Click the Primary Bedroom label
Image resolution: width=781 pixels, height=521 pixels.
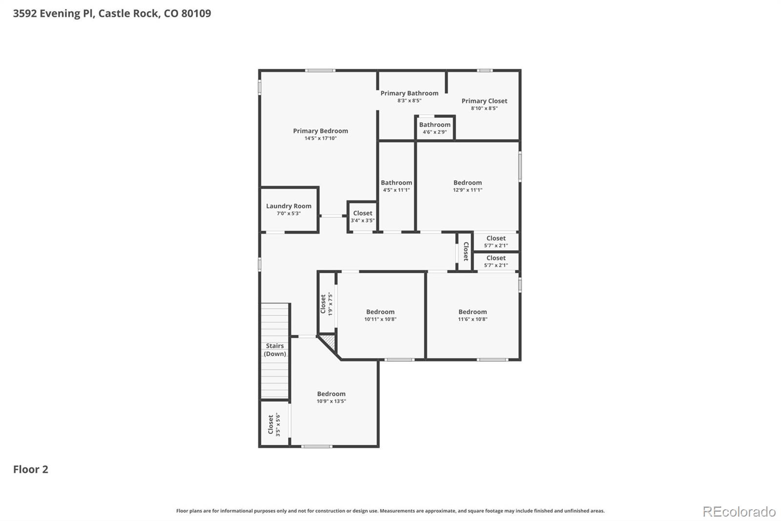point(320,131)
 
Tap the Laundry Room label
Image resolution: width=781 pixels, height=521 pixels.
point(288,206)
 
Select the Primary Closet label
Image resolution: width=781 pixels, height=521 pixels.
point(484,101)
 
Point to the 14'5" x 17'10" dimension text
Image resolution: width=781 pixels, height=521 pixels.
point(320,138)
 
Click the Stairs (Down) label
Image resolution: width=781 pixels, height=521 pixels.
point(275,350)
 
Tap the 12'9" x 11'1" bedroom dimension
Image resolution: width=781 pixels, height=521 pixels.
point(467,190)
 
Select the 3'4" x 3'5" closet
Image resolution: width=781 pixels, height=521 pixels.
point(362,217)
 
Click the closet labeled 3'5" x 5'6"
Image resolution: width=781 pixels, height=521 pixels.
point(274,424)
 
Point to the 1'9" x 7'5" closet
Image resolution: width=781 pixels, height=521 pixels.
point(327,304)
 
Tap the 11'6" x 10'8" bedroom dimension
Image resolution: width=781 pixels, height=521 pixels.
point(473,319)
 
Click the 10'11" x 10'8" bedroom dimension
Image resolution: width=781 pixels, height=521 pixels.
point(380,319)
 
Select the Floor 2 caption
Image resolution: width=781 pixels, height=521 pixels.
point(30,469)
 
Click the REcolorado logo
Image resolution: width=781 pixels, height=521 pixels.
point(739,511)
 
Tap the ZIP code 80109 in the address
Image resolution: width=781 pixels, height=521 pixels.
point(196,13)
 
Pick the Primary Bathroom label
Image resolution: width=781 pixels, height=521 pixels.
point(409,93)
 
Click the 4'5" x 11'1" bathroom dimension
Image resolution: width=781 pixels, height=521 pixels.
point(396,190)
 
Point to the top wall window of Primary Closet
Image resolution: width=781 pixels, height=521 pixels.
point(484,70)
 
